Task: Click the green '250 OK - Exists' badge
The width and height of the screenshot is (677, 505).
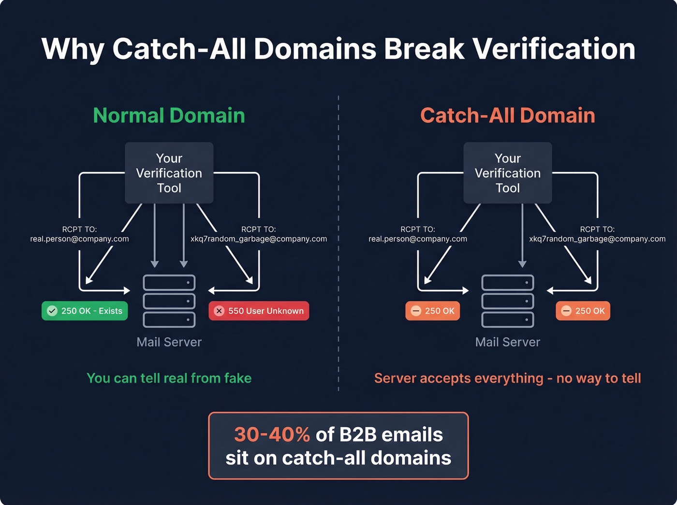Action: tap(85, 311)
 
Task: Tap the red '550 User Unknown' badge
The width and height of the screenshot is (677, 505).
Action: tap(259, 311)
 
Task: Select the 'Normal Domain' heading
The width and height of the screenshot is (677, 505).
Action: tap(169, 115)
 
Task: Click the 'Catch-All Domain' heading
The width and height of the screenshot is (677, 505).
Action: tap(507, 115)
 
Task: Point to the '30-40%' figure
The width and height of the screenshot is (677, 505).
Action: tap(272, 434)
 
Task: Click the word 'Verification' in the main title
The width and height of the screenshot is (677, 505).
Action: tap(554, 49)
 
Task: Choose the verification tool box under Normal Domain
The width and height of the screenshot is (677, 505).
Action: tap(169, 173)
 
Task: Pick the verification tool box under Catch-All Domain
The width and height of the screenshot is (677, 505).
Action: tap(507, 173)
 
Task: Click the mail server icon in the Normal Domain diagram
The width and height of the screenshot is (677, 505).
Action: tap(169, 301)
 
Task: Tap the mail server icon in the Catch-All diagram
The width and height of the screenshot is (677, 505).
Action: tap(507, 301)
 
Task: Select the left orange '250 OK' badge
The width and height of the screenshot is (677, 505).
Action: tap(432, 311)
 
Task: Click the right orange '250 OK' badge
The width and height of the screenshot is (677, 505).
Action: tap(583, 311)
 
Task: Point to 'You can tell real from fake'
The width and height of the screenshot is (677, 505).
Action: tap(169, 378)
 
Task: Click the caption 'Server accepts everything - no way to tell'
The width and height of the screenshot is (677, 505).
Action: tap(507, 378)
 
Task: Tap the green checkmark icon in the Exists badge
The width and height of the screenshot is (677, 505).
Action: tap(52, 311)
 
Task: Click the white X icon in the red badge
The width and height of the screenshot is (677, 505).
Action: tap(219, 311)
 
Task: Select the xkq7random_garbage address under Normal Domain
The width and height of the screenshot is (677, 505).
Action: tap(259, 239)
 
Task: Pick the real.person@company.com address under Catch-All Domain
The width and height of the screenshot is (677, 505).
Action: tap(418, 239)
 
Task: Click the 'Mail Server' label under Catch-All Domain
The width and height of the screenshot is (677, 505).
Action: tap(507, 342)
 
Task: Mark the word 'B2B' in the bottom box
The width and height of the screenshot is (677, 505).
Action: tap(357, 434)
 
